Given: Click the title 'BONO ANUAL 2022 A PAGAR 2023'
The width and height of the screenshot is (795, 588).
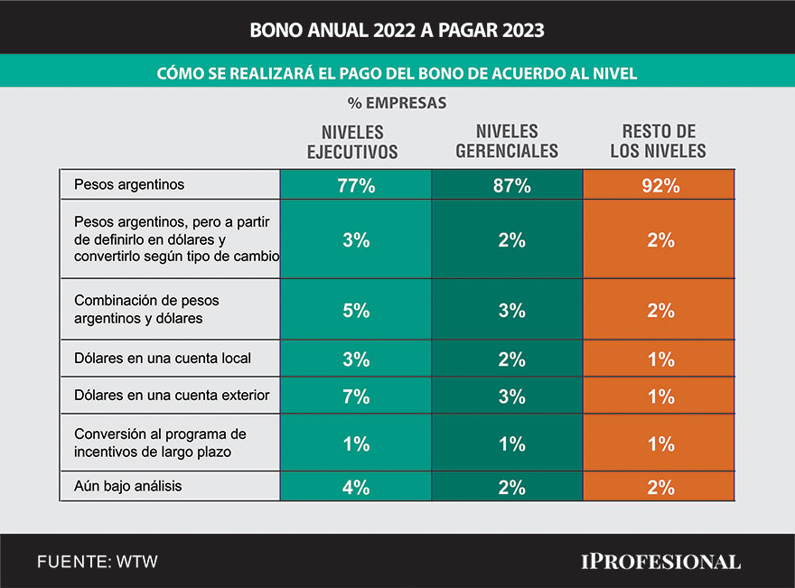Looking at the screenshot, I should pos(397,30).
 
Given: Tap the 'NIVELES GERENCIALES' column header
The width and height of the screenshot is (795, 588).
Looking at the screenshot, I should pos(507,142).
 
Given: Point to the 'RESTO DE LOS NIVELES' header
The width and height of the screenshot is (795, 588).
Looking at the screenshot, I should pos(659,142).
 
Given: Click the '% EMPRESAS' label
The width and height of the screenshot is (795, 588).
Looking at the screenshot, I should pos(397,103).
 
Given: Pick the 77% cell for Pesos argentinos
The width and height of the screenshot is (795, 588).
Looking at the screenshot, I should pos(356,186).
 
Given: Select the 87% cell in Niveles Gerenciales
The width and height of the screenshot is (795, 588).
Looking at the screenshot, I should pos(507,186).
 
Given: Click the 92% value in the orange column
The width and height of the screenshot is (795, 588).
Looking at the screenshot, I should pos(659,186).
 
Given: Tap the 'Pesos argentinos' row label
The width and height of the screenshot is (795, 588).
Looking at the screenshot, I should pos(129,185).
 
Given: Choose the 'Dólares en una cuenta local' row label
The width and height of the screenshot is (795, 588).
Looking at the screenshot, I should pos(163,359).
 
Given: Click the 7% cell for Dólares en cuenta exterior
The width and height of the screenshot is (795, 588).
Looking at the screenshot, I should pos(356,397).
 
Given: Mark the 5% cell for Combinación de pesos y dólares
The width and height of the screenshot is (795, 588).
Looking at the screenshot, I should pos(356,311).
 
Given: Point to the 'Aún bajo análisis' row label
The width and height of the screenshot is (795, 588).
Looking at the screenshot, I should pos(127,486).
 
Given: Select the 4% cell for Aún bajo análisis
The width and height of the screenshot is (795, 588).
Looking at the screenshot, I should pos(356,488).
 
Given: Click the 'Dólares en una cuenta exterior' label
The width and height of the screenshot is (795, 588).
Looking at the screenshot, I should pos(172,396).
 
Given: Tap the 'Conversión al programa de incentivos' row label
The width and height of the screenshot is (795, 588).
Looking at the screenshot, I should pos(160,442).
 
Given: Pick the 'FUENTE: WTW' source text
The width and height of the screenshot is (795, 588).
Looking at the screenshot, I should pos(98,562).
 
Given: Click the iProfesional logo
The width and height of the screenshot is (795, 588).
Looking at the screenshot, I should pos(659,562).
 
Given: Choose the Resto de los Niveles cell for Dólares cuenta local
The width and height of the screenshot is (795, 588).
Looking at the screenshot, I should pos(659,359).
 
